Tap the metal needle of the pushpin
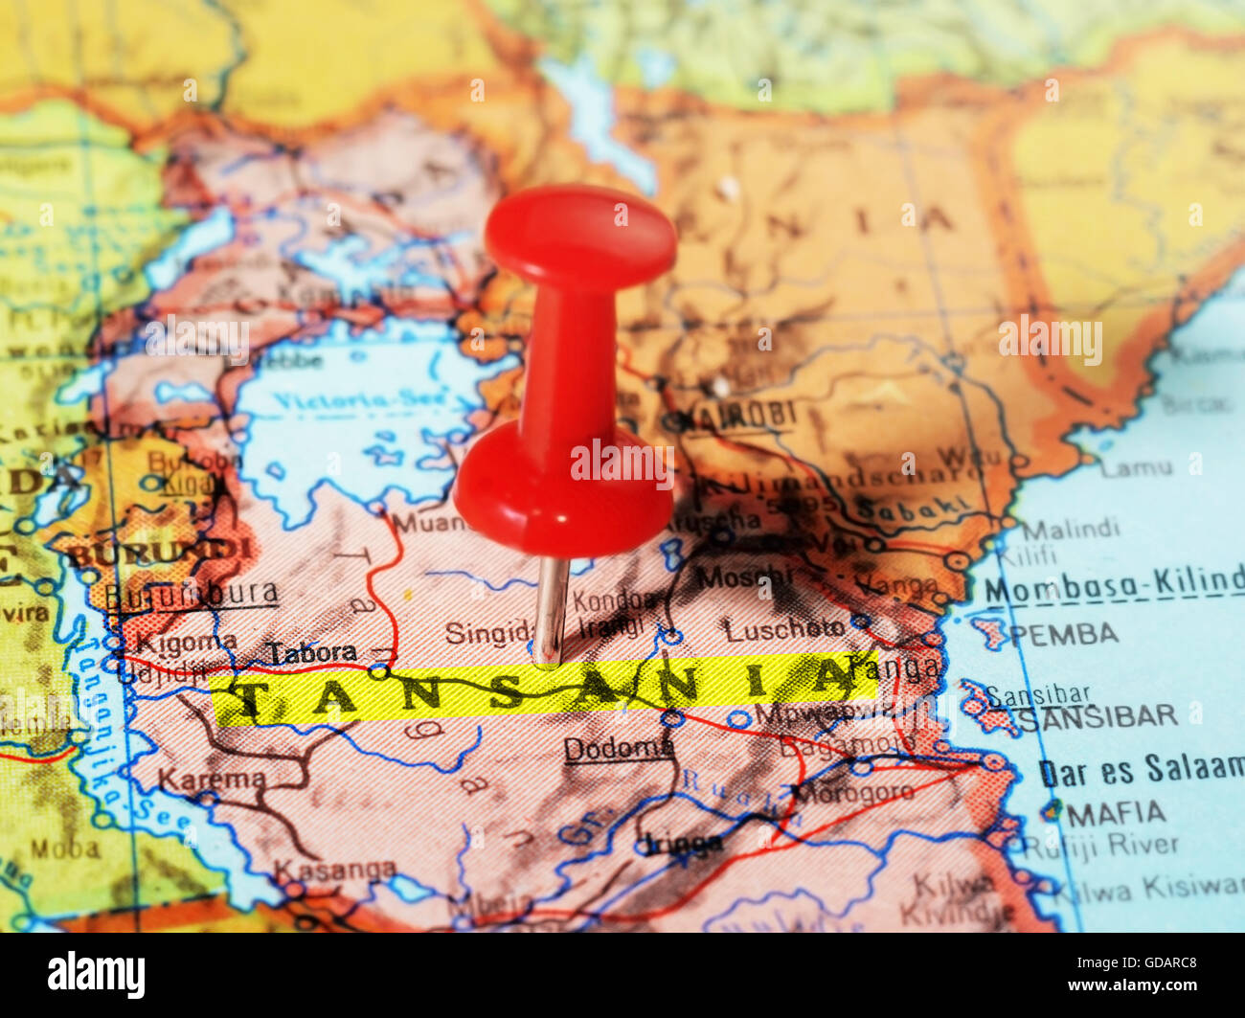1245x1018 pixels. point(551,609)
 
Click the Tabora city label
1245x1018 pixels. point(312,653)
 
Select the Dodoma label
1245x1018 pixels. point(619,748)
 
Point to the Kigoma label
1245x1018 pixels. point(186,643)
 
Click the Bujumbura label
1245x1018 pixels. point(192,596)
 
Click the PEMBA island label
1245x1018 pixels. point(1064,634)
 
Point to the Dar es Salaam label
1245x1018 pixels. point(1141,770)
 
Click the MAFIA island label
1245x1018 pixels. point(1117,814)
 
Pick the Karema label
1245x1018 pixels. point(212,780)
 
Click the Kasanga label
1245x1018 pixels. point(334,871)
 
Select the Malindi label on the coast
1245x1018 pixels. point(1070,529)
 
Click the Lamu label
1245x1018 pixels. point(1136,468)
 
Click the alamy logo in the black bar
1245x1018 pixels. point(96,975)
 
